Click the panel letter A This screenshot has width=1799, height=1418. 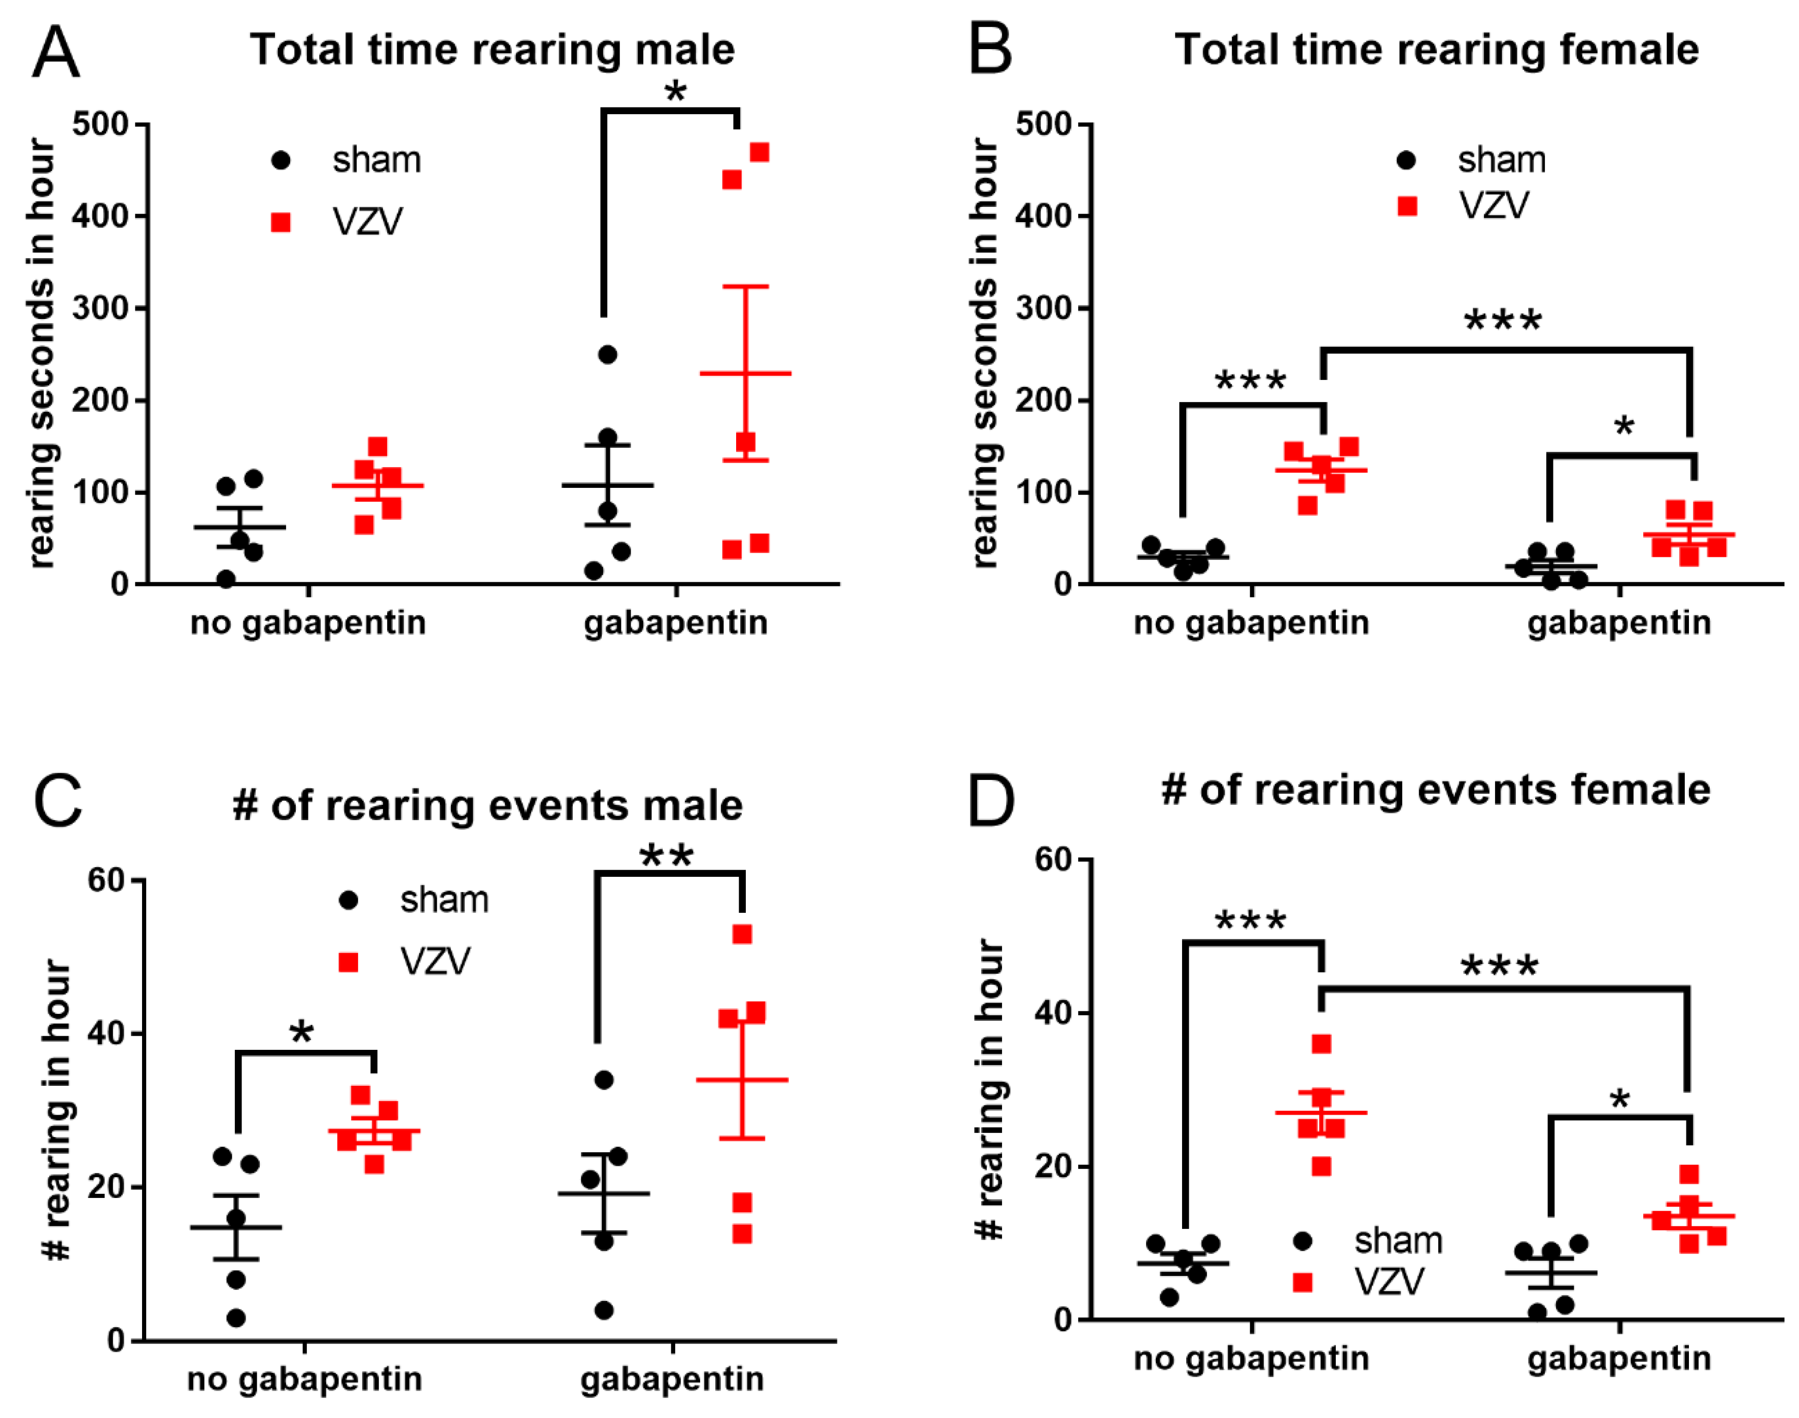coord(56,51)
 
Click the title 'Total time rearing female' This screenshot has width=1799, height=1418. coord(1436,49)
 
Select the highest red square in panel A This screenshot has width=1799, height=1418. coord(759,153)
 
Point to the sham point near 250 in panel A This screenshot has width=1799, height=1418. coord(607,354)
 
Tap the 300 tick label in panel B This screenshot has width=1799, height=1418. coord(1043,308)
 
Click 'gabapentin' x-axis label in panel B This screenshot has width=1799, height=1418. coord(1619,622)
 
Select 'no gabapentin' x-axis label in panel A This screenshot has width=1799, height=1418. coord(308,622)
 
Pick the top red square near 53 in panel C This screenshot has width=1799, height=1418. coord(742,935)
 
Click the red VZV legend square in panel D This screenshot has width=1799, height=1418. coord(1303,1283)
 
